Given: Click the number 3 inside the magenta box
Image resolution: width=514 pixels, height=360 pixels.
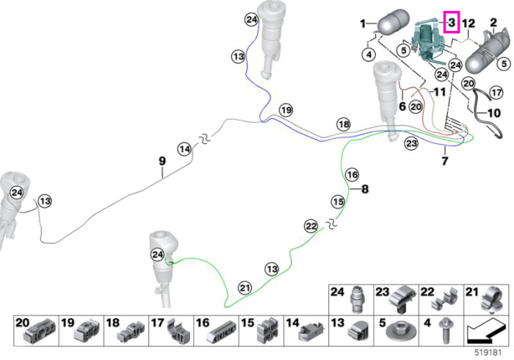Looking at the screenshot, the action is pos(452,22).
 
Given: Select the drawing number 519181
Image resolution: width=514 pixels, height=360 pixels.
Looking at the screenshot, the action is pos(488,353).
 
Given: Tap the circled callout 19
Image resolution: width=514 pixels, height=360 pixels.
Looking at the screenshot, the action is pos(286,109).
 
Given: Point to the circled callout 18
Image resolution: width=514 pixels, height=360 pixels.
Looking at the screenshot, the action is pos(344,124).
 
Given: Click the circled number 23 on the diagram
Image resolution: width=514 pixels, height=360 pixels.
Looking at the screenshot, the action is pos(411,143).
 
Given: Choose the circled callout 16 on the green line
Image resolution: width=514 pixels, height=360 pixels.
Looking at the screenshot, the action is pos(352,174).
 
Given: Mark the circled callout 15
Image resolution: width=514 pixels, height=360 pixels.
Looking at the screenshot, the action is pos(338,201).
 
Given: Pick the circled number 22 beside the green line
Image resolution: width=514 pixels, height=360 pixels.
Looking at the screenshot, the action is pos(311,226).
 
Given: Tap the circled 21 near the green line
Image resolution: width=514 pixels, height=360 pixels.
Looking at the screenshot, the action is pos(245,288).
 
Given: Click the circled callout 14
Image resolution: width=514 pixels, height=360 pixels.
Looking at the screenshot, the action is pos(184,149).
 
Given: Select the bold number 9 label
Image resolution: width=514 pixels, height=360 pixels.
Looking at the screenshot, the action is pos(162,161).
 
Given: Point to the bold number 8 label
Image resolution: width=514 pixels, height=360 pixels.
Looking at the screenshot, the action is pos(365,189).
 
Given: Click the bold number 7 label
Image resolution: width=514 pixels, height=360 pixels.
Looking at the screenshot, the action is pos(445,161).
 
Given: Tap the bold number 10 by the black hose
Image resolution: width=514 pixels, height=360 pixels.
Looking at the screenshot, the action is pos(494,113).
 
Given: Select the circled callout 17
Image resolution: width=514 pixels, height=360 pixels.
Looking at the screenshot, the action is pos(496,93).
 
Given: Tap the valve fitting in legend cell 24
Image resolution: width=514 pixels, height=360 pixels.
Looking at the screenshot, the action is pos(356,300).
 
